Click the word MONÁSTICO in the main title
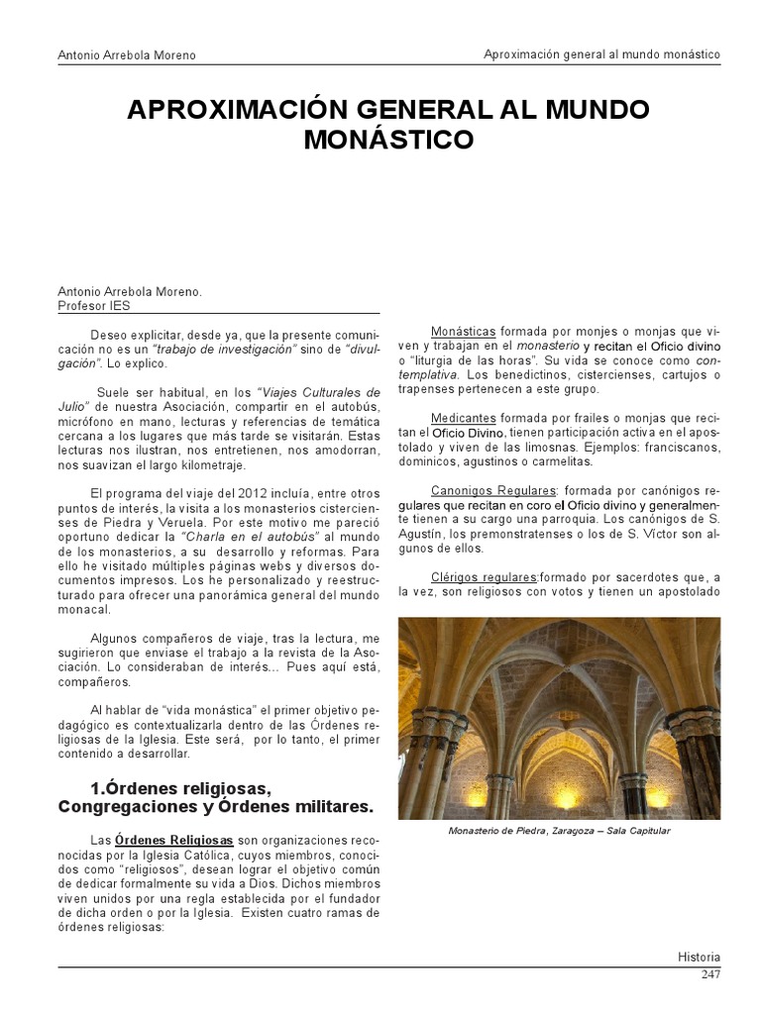(x=387, y=140)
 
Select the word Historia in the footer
(x=699, y=958)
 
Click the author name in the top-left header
(x=127, y=55)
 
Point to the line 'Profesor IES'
(x=87, y=306)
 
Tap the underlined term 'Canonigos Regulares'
(x=493, y=490)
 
